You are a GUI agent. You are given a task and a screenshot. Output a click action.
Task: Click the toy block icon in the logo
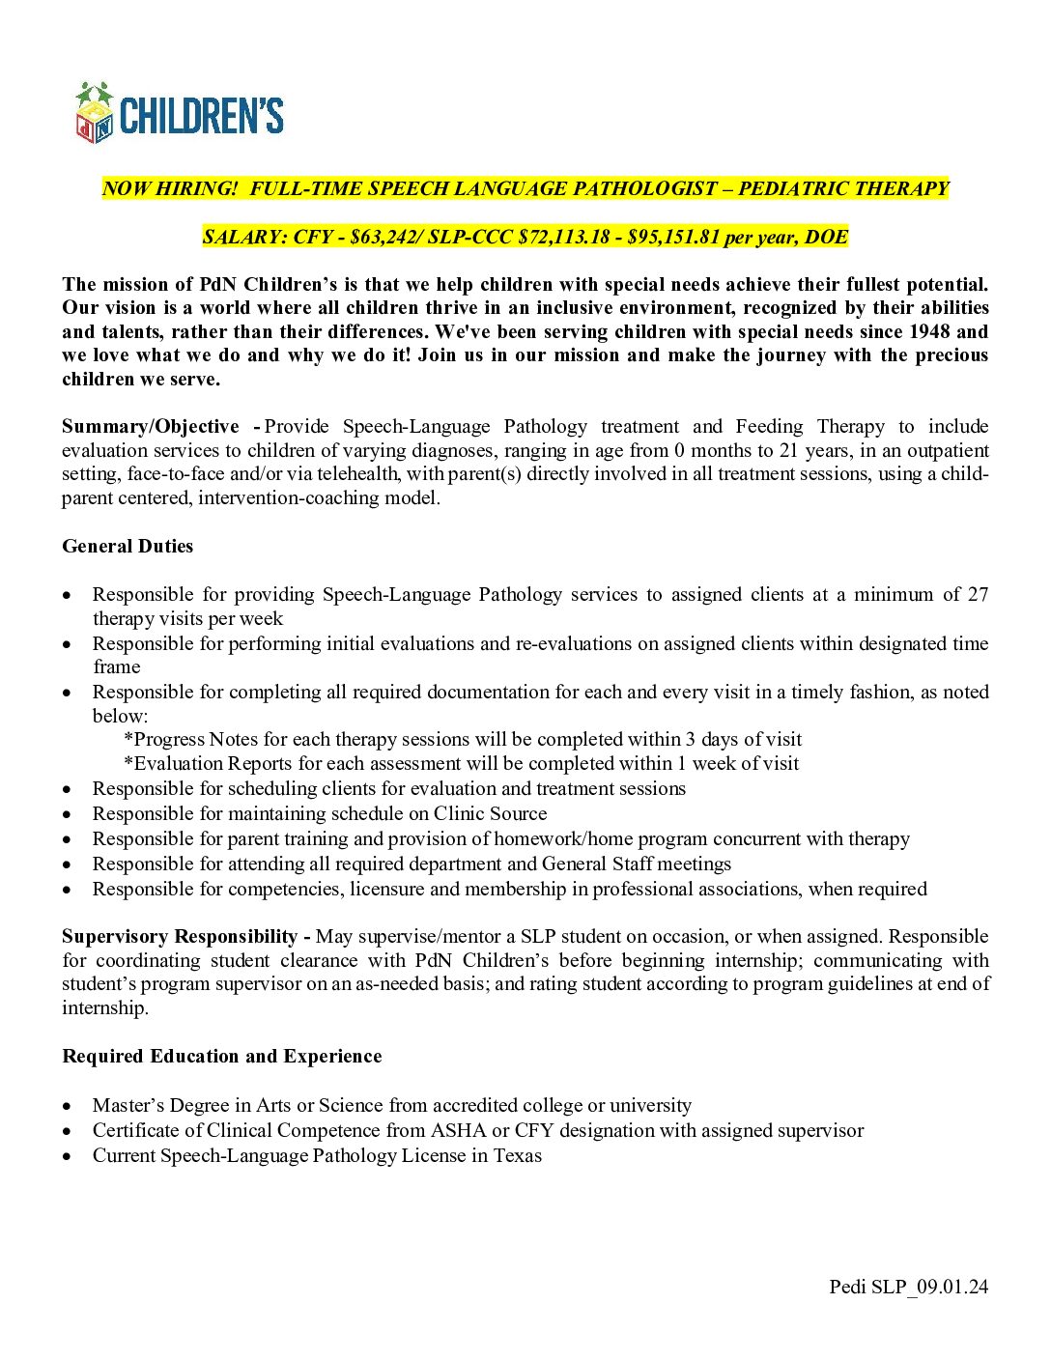(95, 114)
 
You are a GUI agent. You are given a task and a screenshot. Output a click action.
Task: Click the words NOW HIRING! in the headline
(169, 189)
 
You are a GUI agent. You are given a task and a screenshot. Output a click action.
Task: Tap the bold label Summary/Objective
(151, 427)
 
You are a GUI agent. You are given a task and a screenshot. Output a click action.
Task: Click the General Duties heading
(128, 547)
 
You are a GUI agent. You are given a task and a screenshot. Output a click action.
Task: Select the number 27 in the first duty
(978, 595)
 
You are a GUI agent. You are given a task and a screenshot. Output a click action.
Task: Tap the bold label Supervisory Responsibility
(180, 937)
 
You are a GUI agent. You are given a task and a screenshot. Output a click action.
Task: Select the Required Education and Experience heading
(221, 1057)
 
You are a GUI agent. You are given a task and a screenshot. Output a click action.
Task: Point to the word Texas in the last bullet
(518, 1156)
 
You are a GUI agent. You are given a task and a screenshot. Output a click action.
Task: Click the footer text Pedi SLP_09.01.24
(908, 1287)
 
